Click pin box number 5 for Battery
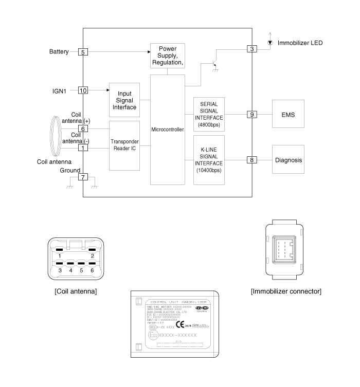coord(83,52)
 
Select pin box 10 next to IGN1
coord(83,90)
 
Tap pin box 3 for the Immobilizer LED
coord(251,49)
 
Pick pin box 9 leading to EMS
coord(251,114)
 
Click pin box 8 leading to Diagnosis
coord(251,160)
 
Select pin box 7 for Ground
coord(83,177)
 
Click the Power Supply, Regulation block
coord(167,56)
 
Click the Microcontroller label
coord(168,130)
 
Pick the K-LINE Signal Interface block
coord(209,160)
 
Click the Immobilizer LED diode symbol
coord(270,43)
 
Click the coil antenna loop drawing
coord(54,135)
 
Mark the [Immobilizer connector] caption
coord(286,291)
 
